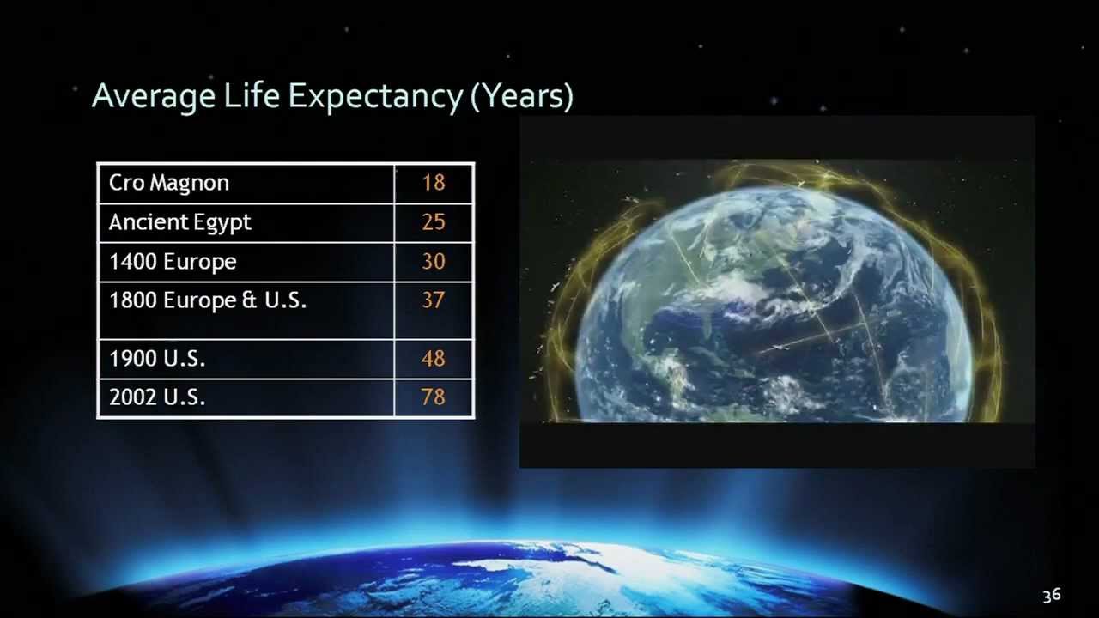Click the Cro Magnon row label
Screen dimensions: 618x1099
point(169,183)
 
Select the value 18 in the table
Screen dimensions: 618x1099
point(434,183)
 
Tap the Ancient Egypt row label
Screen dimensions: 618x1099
point(180,222)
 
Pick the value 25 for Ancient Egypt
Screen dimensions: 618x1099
point(434,222)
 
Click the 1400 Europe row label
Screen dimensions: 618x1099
point(173,262)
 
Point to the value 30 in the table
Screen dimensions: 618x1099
point(434,262)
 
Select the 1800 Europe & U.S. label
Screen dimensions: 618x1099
point(208,300)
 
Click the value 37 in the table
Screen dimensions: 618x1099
point(434,300)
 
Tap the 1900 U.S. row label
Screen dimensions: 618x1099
point(157,359)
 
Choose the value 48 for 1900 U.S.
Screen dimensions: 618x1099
point(434,359)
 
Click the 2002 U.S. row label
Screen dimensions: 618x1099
point(157,398)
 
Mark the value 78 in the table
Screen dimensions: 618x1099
point(434,398)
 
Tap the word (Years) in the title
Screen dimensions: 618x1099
point(522,96)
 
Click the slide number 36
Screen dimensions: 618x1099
point(1052,596)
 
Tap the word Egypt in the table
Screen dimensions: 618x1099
point(222,223)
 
